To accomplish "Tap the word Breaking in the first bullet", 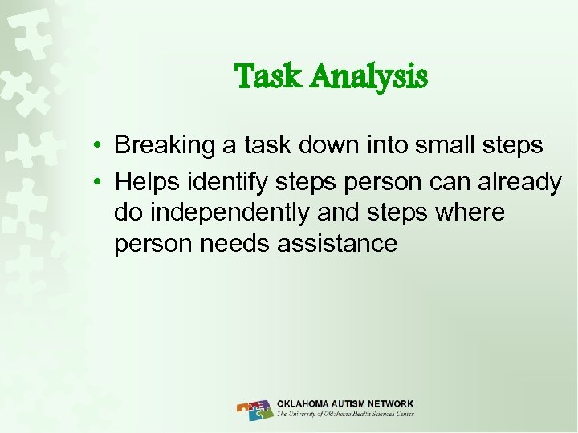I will point(165,146).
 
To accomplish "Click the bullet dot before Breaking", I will point(96,146).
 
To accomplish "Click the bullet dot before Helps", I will point(96,183).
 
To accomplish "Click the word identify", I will point(224,183).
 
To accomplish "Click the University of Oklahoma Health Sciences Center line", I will point(345,415).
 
